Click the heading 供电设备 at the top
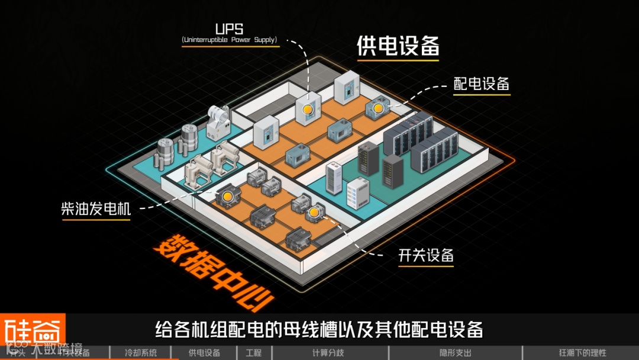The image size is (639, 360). pyautogui.click(x=398, y=46)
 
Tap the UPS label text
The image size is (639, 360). pyautogui.click(x=228, y=28)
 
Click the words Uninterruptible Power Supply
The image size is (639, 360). pyautogui.click(x=229, y=40)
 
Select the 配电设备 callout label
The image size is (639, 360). pyautogui.click(x=481, y=83)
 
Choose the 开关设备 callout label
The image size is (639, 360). pyautogui.click(x=426, y=255)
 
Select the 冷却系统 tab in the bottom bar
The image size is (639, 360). pyautogui.click(x=141, y=353)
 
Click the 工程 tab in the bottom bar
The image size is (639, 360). pyautogui.click(x=253, y=353)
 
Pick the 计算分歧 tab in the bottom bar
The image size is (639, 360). pyautogui.click(x=328, y=353)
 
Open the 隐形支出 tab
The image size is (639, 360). pyautogui.click(x=456, y=353)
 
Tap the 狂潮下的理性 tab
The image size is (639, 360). pyautogui.click(x=582, y=353)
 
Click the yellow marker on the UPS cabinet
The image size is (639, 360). pyautogui.click(x=306, y=109)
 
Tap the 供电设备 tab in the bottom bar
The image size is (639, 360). pyautogui.click(x=204, y=353)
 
